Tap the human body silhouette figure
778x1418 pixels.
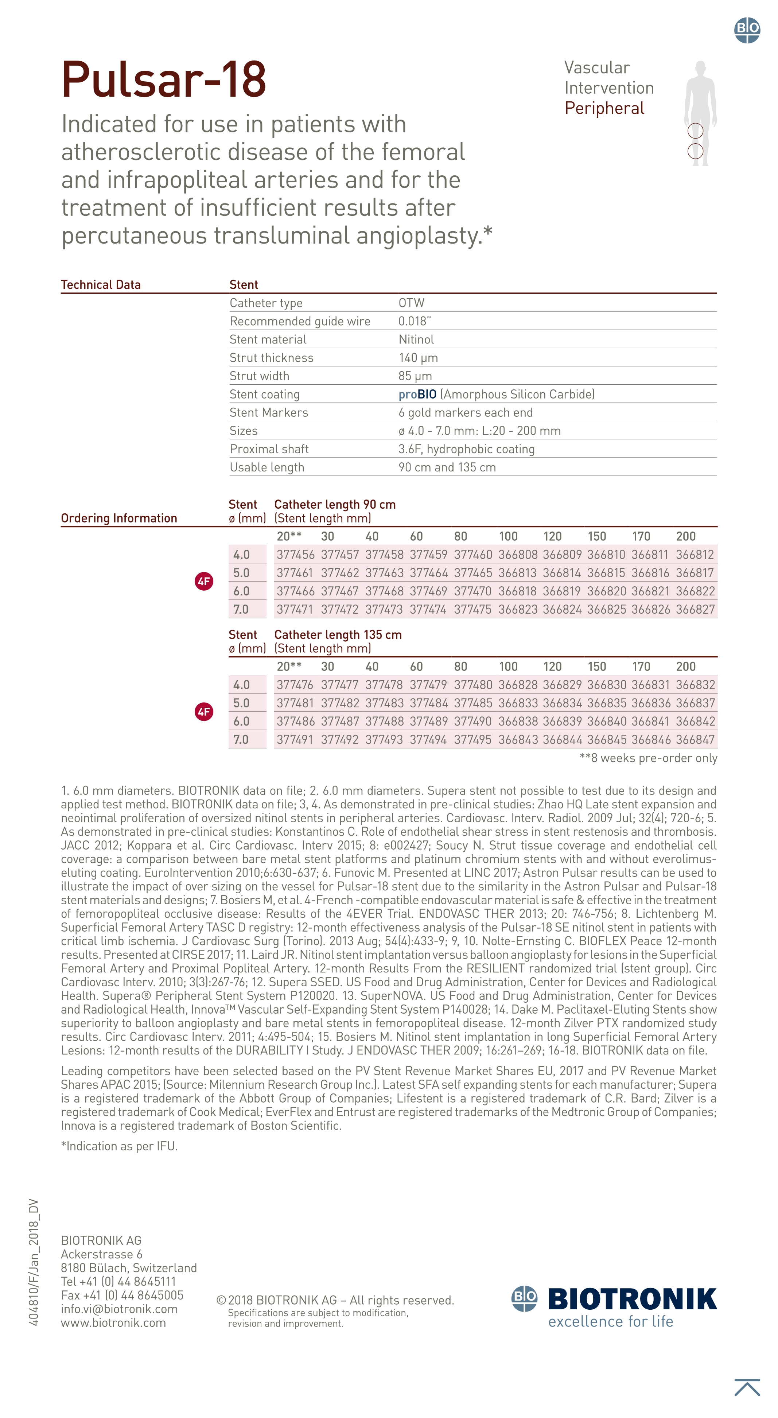coord(700,113)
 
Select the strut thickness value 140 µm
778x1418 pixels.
coord(418,358)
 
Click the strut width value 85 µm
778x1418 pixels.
coord(415,376)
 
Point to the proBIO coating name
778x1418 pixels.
coord(417,394)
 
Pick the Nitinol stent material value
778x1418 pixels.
coord(416,339)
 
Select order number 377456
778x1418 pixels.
coord(295,555)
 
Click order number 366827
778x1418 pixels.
coord(695,609)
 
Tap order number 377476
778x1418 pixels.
coord(295,685)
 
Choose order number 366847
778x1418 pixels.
coord(695,739)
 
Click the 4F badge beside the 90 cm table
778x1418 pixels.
coord(204,581)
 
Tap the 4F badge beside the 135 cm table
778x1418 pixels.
coord(204,712)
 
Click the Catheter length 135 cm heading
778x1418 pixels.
coord(338,635)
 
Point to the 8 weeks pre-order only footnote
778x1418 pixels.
coord(648,758)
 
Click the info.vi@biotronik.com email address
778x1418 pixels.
coord(119,1309)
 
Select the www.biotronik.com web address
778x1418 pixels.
coord(113,1323)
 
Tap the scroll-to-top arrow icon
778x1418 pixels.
coord(747,1387)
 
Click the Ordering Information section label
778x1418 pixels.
coord(119,518)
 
